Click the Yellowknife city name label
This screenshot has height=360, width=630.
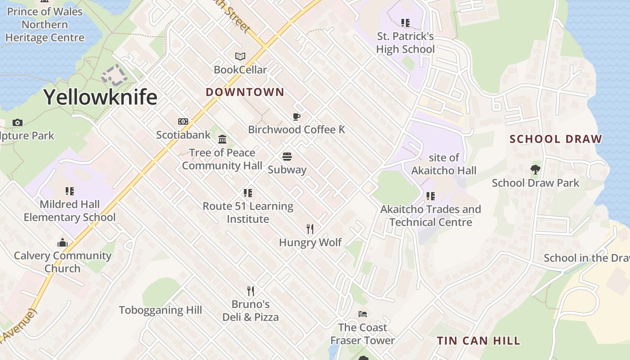click(x=100, y=97)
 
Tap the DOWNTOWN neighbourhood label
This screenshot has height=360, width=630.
click(x=245, y=92)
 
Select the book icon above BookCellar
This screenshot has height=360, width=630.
click(x=240, y=57)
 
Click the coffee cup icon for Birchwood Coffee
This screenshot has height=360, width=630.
click(x=297, y=117)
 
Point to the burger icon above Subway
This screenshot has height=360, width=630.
click(x=287, y=157)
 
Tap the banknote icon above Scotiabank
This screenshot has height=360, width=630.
click(x=183, y=121)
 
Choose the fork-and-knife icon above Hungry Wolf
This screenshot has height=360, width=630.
click(x=310, y=229)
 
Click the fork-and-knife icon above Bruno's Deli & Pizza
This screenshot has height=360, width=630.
click(x=251, y=291)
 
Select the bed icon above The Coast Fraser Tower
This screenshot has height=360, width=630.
click(x=363, y=314)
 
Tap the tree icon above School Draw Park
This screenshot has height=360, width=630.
click(x=535, y=170)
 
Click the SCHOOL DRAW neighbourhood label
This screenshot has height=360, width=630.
click(x=556, y=139)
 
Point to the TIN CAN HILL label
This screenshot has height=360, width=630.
click(x=478, y=341)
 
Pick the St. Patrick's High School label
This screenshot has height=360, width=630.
click(x=405, y=43)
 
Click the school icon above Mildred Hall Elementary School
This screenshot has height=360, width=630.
click(x=70, y=191)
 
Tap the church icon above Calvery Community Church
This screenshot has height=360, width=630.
click(x=63, y=243)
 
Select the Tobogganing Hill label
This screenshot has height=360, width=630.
click(x=160, y=310)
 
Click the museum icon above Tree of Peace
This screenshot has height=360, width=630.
click(x=222, y=139)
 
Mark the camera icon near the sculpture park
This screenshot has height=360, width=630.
click(x=18, y=122)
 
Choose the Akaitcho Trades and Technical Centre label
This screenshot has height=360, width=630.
click(x=431, y=216)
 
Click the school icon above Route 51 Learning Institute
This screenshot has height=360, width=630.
click(x=248, y=193)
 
